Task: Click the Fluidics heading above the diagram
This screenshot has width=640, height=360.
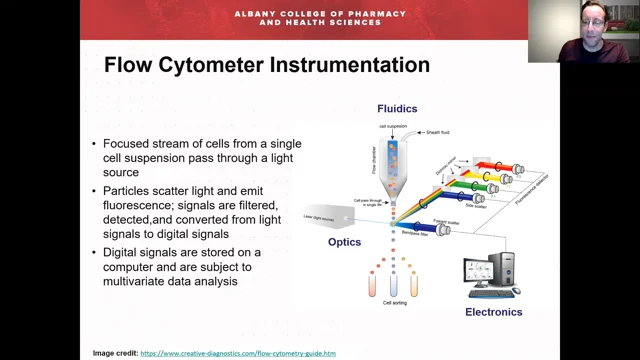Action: pos(398,108)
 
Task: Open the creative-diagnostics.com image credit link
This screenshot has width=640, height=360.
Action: pos(238,353)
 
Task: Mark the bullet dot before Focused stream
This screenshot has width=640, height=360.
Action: pos(95,143)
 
